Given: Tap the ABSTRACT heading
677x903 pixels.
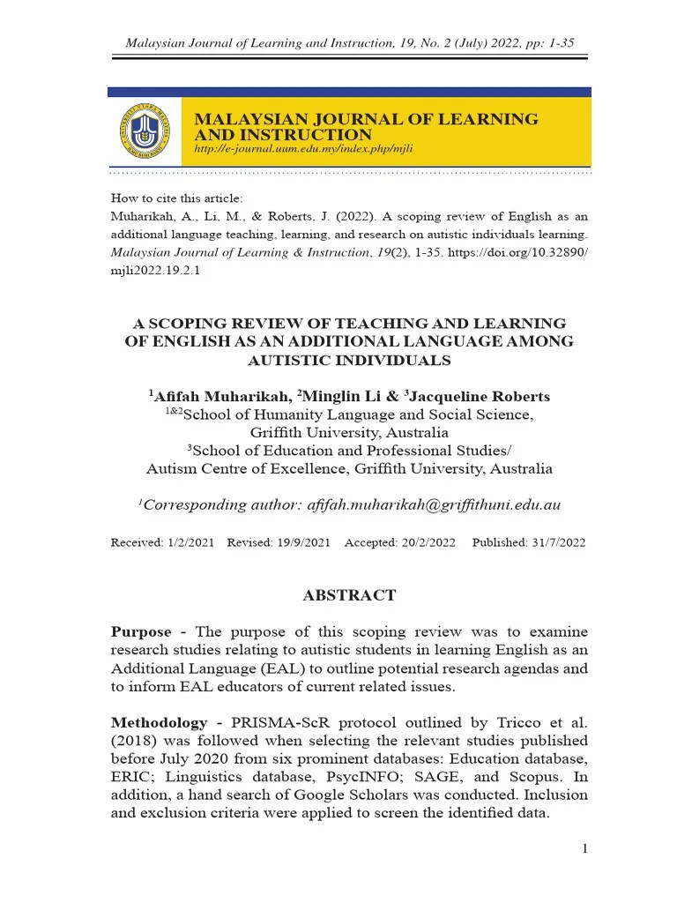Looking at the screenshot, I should click(349, 595).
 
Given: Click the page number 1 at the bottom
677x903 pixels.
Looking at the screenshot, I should click(584, 848).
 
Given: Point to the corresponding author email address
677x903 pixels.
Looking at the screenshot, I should click(432, 504).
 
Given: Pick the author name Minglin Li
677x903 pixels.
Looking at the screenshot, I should click(339, 397).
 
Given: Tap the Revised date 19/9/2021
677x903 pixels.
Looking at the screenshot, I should click(302, 543).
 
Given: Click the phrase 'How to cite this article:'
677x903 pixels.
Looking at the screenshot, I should click(176, 198).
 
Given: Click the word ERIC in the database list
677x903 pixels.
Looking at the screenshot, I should click(130, 777).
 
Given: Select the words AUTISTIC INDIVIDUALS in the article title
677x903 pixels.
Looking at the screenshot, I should click(349, 360).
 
